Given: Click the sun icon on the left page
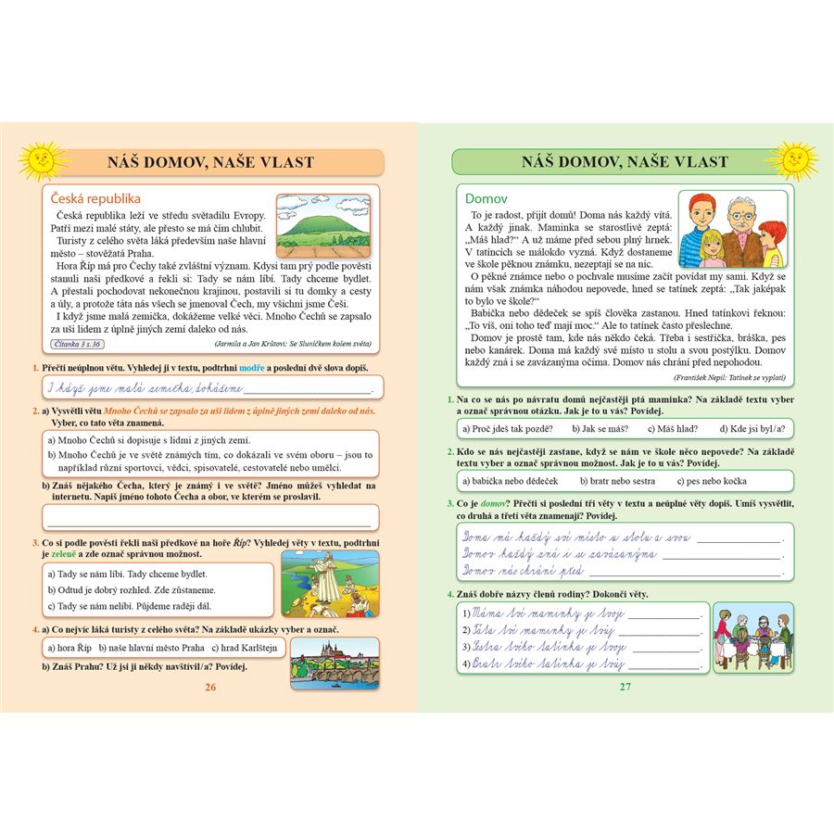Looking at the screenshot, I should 39,160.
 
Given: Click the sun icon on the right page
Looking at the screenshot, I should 794,159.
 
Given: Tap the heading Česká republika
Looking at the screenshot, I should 95,198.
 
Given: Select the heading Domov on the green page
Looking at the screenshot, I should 486,198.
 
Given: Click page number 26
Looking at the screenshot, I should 210,687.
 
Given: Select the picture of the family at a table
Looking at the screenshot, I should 752,637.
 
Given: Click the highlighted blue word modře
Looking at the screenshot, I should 252,369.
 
